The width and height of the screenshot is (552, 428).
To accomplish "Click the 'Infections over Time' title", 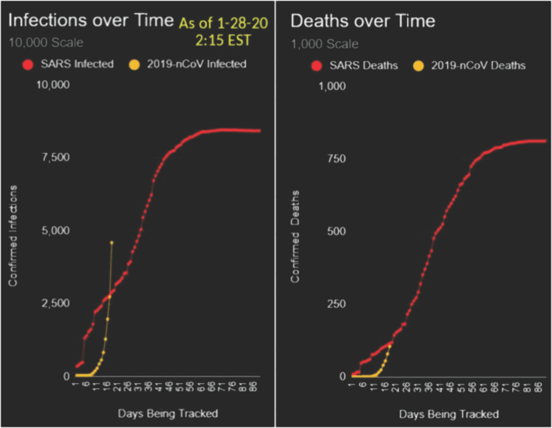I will click(91, 21).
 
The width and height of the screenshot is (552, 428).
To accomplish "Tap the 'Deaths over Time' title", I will click(362, 21).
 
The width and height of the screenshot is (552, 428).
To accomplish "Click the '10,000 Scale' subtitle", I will click(46, 43).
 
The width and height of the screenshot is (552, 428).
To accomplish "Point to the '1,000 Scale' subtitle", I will click(324, 44).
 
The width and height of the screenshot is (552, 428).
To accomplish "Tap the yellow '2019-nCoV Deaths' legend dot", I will click(420, 65).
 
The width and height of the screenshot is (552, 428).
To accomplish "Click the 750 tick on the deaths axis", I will click(337, 159).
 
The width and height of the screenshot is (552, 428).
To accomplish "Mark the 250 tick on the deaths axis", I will click(337, 304).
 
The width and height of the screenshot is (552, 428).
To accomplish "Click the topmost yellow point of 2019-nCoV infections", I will click(112, 242).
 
